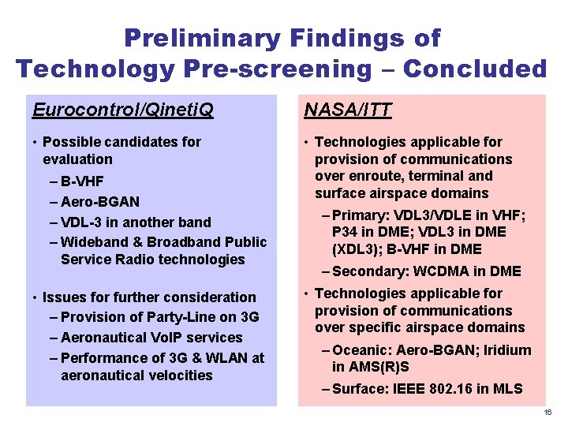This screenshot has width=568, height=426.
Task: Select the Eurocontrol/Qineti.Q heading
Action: coord(123,110)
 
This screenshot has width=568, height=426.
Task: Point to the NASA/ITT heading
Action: coord(348,110)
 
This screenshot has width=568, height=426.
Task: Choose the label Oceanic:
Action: coord(361,349)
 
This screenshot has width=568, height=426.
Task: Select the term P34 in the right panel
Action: coord(347,232)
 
